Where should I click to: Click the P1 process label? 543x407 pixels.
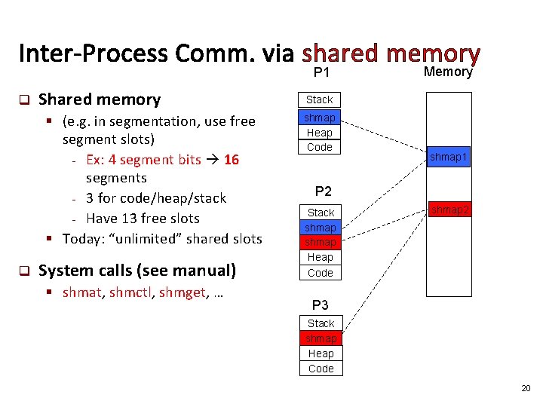(322, 73)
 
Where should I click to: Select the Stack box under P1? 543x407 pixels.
(319, 99)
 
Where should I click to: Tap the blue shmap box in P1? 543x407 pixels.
(319, 118)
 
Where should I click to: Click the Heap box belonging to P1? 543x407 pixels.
(319, 133)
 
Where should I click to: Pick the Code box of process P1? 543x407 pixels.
(319, 147)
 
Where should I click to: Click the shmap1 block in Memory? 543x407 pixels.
(449, 157)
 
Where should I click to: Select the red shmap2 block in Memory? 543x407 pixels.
(449, 210)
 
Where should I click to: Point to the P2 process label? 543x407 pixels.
(323, 191)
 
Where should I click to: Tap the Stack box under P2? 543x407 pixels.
(321, 213)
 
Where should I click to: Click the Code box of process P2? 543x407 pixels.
(321, 273)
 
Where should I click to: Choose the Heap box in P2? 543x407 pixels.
(321, 258)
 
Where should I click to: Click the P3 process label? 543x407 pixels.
(321, 305)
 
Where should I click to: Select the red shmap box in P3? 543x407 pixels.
(321, 338)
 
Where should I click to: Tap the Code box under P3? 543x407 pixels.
(321, 369)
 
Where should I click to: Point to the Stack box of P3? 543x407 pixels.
(321, 323)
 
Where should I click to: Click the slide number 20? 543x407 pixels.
(526, 388)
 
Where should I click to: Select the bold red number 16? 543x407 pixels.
(232, 159)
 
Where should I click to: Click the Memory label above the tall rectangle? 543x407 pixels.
(447, 72)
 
